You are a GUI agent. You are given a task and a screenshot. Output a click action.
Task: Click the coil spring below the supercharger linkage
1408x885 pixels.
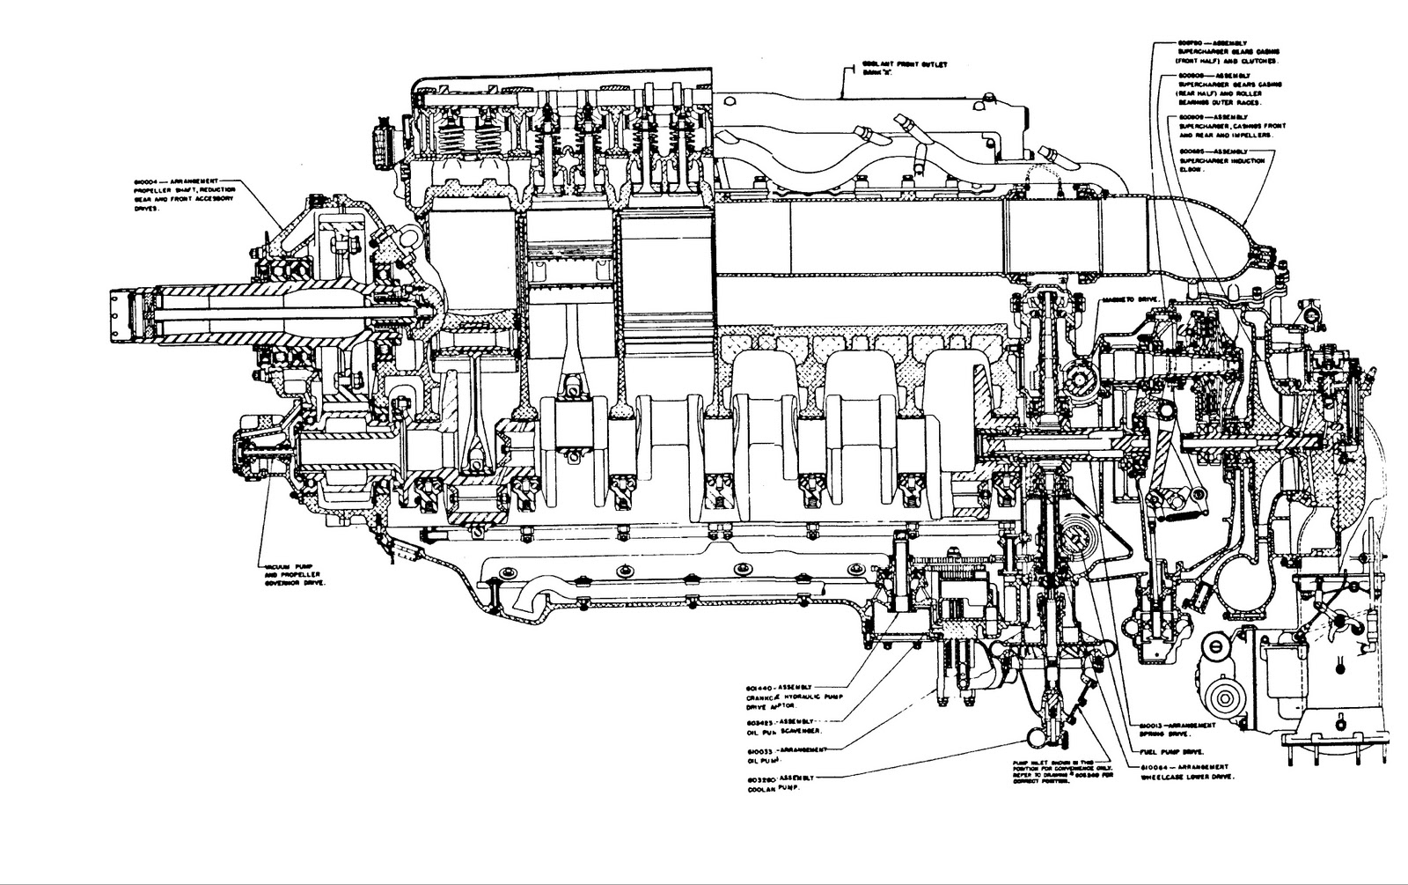(1191, 518)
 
